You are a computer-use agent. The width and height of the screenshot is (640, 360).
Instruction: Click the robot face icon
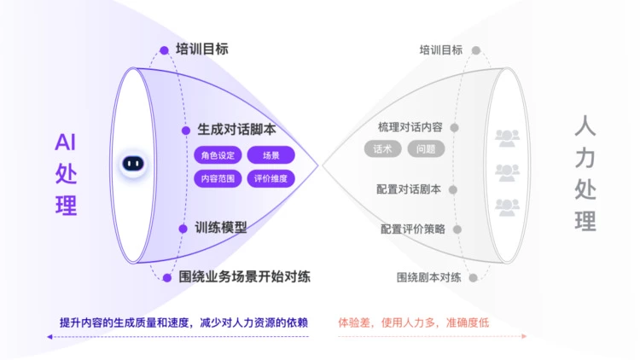tap(131, 163)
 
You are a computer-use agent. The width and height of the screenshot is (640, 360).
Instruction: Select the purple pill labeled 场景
tap(271, 155)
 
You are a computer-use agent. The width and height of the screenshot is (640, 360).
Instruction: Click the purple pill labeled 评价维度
tap(271, 178)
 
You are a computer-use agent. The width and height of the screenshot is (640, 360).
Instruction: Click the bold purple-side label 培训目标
tap(201, 49)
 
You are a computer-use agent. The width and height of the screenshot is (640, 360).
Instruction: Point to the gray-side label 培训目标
tap(441, 50)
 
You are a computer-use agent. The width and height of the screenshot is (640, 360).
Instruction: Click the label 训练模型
tap(221, 228)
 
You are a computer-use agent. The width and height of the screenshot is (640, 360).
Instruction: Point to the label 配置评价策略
tap(412, 229)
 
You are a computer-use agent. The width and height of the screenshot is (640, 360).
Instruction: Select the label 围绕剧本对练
tap(429, 277)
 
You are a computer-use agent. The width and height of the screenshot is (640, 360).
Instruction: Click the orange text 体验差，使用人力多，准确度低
tap(413, 323)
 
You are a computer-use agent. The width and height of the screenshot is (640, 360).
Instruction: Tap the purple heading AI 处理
tap(66, 174)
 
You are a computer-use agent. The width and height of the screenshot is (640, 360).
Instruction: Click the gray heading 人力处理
tap(585, 175)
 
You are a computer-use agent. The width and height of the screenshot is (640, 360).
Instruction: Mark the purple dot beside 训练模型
tap(185, 228)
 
